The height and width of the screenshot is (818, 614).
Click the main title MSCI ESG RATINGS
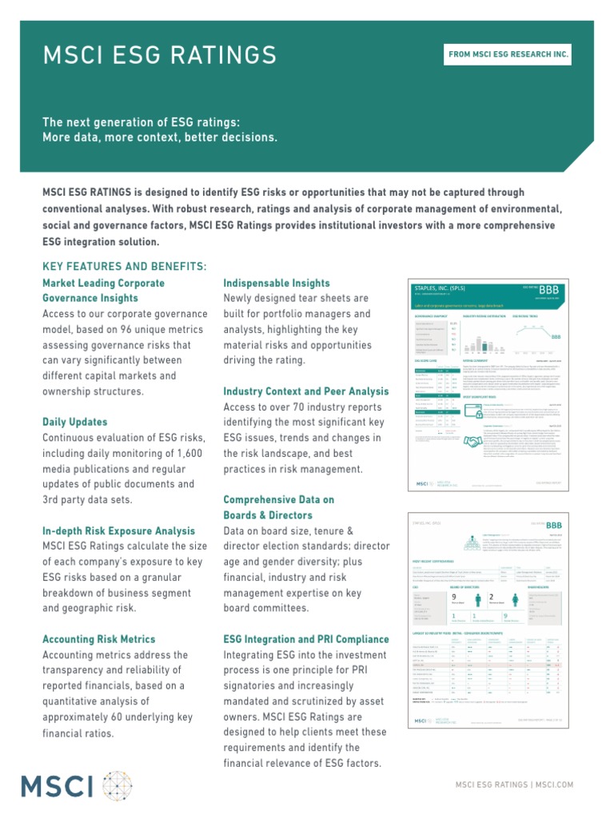160,55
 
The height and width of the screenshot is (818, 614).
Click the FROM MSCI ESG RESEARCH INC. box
509,54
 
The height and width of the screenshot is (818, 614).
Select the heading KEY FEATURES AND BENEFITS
124,266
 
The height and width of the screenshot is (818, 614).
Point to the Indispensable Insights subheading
276,284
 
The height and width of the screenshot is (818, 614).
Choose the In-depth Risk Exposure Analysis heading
118,531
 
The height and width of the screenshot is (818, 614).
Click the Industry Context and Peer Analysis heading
306,391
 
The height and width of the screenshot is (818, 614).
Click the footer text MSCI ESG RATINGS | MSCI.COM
514,785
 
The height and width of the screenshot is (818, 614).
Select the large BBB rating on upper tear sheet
548,288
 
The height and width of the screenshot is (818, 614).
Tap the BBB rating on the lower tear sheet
554,525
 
